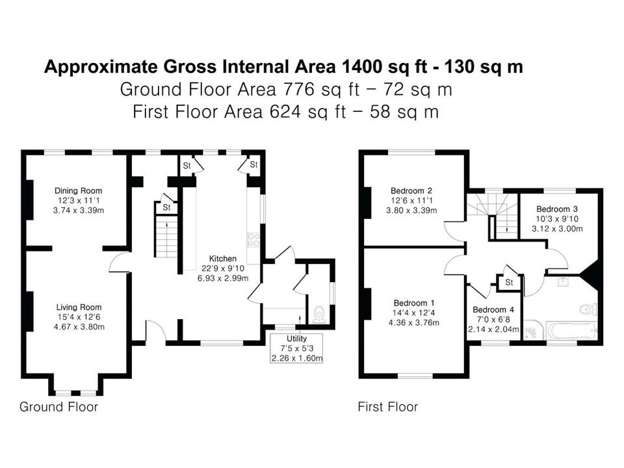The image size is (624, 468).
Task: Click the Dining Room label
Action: coord(79,190)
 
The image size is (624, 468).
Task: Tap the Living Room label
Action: coord(79,307)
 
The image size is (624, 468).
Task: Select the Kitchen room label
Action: coord(223,259)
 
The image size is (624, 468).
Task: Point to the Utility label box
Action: coord(296,348)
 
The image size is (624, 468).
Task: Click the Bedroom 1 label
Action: coord(414,304)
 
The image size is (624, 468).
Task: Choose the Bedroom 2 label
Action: coord(411,190)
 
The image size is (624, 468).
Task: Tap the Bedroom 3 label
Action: coord(557,209)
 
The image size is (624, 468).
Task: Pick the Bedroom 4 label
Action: coord(493,309)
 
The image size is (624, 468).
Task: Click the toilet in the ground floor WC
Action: coord(319,315)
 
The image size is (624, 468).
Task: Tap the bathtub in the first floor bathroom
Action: coord(572,330)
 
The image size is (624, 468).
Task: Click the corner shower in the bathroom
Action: coord(534,330)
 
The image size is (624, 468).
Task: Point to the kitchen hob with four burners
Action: coord(253,240)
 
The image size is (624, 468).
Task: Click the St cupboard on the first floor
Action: coord(509,283)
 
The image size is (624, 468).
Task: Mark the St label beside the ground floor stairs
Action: coord(167,208)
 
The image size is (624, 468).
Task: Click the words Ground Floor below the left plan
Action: coord(59,407)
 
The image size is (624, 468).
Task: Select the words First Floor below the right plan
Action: coord(388,407)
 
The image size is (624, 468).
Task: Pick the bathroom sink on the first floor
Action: coord(563,281)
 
